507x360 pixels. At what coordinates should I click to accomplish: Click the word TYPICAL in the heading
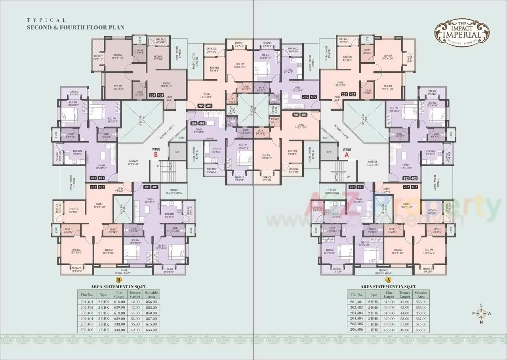click(46, 20)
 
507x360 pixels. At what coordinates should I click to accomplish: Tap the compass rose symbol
click(481, 313)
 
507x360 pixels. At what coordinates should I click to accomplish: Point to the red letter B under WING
click(156, 155)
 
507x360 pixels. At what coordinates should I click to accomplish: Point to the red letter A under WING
click(346, 155)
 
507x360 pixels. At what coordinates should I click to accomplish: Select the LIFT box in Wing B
click(177, 152)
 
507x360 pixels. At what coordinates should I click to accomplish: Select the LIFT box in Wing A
click(329, 152)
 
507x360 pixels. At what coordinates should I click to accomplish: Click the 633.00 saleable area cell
click(151, 329)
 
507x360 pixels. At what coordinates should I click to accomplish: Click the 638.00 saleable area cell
click(421, 329)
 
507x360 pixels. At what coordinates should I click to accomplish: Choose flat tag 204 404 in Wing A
click(350, 94)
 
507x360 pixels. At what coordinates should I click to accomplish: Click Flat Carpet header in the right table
click(389, 294)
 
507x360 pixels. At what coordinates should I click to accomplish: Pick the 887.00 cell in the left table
click(151, 318)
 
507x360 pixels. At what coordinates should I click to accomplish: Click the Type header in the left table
click(104, 295)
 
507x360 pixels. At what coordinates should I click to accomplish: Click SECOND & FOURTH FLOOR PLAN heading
click(75, 28)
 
